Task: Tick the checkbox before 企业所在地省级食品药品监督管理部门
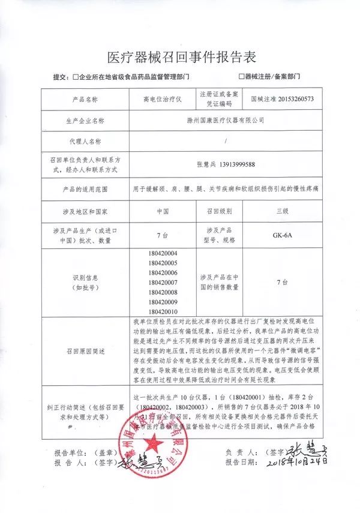(75, 77)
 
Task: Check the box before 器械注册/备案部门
(241, 77)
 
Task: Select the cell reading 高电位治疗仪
(162, 98)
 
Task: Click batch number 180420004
(162, 253)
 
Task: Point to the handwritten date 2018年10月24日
(298, 463)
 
